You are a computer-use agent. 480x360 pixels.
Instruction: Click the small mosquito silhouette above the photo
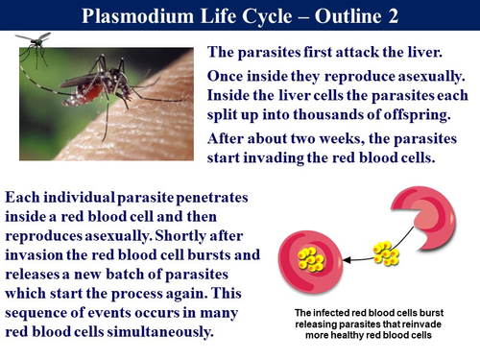coord(34,40)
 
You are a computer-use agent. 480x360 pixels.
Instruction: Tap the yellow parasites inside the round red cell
coord(310,259)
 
